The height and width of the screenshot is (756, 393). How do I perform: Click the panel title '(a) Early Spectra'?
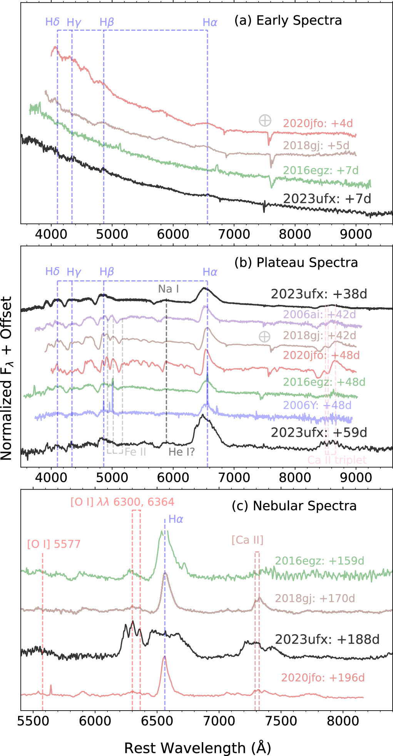(288, 20)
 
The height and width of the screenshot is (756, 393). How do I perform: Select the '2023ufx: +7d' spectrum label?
(327, 198)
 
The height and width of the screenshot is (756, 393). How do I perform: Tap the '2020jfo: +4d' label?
(318, 123)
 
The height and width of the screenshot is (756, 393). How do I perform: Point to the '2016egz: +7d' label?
(321, 170)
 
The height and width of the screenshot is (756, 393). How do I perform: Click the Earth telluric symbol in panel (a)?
(265, 120)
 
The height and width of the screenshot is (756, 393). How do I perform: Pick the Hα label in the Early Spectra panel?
(210, 23)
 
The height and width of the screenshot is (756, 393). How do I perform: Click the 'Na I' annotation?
(169, 289)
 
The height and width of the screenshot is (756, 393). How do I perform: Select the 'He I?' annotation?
(182, 452)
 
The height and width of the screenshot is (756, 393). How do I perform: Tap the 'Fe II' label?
(135, 452)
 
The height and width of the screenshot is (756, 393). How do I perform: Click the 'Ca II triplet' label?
(337, 460)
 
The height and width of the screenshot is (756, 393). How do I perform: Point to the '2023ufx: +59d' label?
(319, 433)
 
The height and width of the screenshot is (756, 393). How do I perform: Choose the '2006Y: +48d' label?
(317, 405)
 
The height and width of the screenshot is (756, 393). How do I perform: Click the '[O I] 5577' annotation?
(54, 544)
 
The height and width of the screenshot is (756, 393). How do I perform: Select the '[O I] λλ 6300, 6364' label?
(122, 502)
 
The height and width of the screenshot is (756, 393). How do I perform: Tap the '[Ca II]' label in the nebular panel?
(248, 540)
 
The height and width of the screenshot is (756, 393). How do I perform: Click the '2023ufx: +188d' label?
(327, 639)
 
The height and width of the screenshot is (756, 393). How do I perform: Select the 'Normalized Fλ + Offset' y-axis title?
(7, 378)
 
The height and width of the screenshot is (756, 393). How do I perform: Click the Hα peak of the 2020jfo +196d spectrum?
(164, 657)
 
